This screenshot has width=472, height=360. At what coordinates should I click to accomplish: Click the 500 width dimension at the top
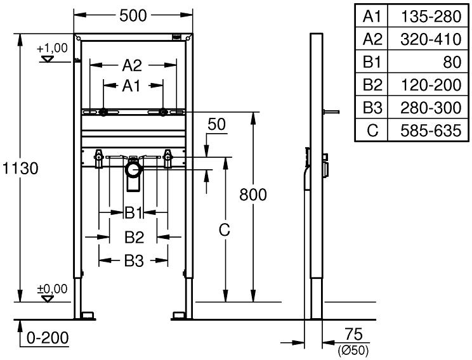[133, 15]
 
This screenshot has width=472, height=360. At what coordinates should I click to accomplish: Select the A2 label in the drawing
[131, 65]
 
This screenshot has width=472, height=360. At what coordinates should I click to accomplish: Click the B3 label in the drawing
[133, 259]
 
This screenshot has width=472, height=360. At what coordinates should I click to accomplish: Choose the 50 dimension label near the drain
[217, 125]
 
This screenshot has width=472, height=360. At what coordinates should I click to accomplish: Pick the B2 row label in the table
[373, 85]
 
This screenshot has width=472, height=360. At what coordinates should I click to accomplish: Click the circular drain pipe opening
[133, 170]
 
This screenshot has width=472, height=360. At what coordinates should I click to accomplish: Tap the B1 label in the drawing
[132, 212]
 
